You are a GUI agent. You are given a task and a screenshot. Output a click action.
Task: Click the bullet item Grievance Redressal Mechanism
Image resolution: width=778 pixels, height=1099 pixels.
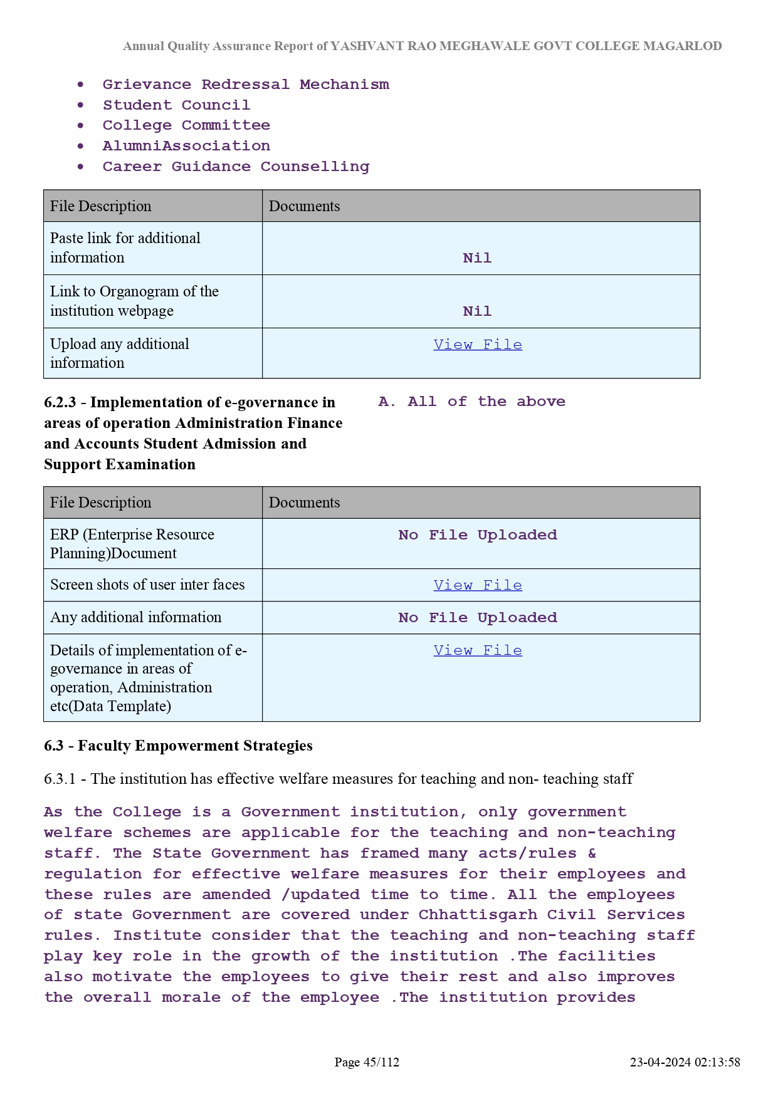click(x=245, y=85)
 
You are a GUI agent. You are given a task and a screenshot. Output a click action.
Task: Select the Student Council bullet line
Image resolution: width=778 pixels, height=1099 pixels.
click(x=176, y=105)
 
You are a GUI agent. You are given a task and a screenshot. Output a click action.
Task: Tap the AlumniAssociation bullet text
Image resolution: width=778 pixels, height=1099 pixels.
click(x=186, y=146)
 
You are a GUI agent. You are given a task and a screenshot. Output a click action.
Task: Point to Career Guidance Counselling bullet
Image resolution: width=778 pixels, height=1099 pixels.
click(x=236, y=167)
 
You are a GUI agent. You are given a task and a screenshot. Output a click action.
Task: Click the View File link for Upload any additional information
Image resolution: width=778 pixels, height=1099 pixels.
click(x=478, y=345)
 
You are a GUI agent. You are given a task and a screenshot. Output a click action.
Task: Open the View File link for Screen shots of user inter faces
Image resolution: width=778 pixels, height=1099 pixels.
click(x=478, y=585)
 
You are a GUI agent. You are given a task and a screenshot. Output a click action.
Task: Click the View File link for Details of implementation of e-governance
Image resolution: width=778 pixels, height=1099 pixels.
click(x=478, y=650)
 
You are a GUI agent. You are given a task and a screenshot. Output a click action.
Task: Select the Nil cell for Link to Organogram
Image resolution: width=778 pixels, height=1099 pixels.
click(x=477, y=311)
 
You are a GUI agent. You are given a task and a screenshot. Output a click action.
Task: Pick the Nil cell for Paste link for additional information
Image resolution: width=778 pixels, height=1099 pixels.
click(x=477, y=258)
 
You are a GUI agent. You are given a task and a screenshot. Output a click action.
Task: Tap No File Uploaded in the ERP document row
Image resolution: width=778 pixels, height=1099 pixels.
click(x=478, y=535)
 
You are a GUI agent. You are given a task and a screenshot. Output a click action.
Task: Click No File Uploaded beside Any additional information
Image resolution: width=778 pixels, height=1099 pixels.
click(x=478, y=618)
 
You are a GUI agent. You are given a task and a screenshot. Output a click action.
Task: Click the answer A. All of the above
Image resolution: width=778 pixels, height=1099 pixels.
click(x=471, y=402)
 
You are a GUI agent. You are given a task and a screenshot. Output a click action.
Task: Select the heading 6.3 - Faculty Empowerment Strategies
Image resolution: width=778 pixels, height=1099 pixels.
click(x=178, y=746)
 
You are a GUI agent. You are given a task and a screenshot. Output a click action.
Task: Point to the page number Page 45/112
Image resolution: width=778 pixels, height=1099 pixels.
click(x=367, y=1062)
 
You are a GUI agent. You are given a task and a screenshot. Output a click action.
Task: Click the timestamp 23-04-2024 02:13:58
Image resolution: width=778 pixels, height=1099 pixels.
click(x=685, y=1062)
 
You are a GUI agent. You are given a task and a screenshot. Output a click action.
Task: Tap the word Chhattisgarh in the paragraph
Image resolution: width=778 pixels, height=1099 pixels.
click(x=478, y=915)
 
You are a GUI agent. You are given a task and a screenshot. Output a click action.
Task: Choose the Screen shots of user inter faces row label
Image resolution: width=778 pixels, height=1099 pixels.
click(x=147, y=585)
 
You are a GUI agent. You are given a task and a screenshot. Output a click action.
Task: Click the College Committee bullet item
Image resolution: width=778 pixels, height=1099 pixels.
click(x=186, y=125)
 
